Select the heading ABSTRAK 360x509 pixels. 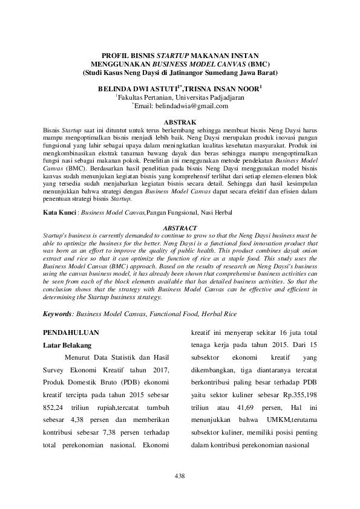pyautogui.click(x=180, y=122)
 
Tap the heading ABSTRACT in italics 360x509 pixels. pyautogui.click(x=180, y=227)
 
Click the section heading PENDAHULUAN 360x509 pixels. pyautogui.click(x=71, y=332)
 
